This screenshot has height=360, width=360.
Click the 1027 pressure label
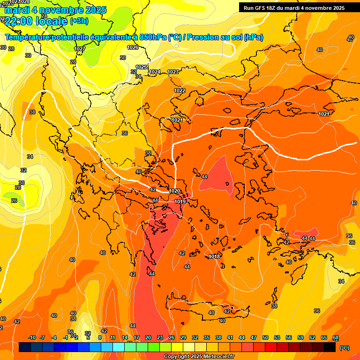click(80, 49)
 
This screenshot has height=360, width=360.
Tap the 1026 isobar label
click(133, 47)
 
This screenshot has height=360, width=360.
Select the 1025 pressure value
click(142, 67)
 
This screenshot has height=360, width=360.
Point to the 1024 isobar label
click(155, 72)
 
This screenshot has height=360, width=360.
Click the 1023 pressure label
click(173, 72)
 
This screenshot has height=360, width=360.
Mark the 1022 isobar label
click(180, 90)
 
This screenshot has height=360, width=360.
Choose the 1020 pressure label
click(174, 191)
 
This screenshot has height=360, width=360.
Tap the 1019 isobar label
click(180, 202)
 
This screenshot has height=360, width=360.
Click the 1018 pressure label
click(215, 256)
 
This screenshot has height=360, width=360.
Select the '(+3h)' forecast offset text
click(79, 21)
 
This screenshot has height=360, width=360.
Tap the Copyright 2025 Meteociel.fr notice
click(199, 357)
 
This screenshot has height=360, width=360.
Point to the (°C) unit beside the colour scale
click(344, 348)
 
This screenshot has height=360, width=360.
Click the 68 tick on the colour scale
click(336, 337)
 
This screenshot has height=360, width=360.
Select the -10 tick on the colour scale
click(32, 337)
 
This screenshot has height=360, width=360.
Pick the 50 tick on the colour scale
click(265, 337)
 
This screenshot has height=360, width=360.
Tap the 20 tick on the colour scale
click(148, 337)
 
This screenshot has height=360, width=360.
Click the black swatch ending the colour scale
click(330, 347)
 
